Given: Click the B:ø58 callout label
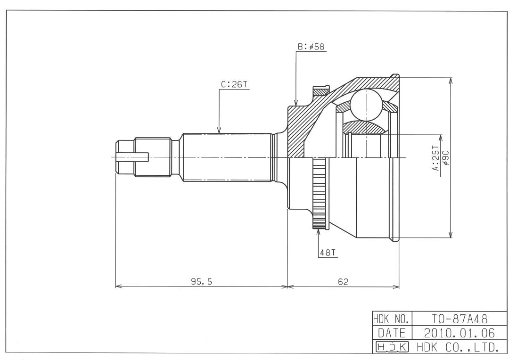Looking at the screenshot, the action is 311,47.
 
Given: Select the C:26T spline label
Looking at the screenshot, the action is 234,84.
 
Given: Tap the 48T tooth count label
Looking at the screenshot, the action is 328,253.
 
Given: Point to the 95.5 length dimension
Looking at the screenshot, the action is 202,281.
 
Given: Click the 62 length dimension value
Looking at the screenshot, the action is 343,281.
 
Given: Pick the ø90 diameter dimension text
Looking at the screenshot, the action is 445,157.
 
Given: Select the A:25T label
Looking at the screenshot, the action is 436,158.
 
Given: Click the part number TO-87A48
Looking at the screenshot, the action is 460,319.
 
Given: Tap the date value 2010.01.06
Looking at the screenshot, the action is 460,333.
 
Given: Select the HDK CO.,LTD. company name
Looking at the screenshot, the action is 458,347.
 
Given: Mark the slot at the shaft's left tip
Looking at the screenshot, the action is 132,157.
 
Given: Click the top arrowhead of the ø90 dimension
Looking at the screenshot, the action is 451,81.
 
